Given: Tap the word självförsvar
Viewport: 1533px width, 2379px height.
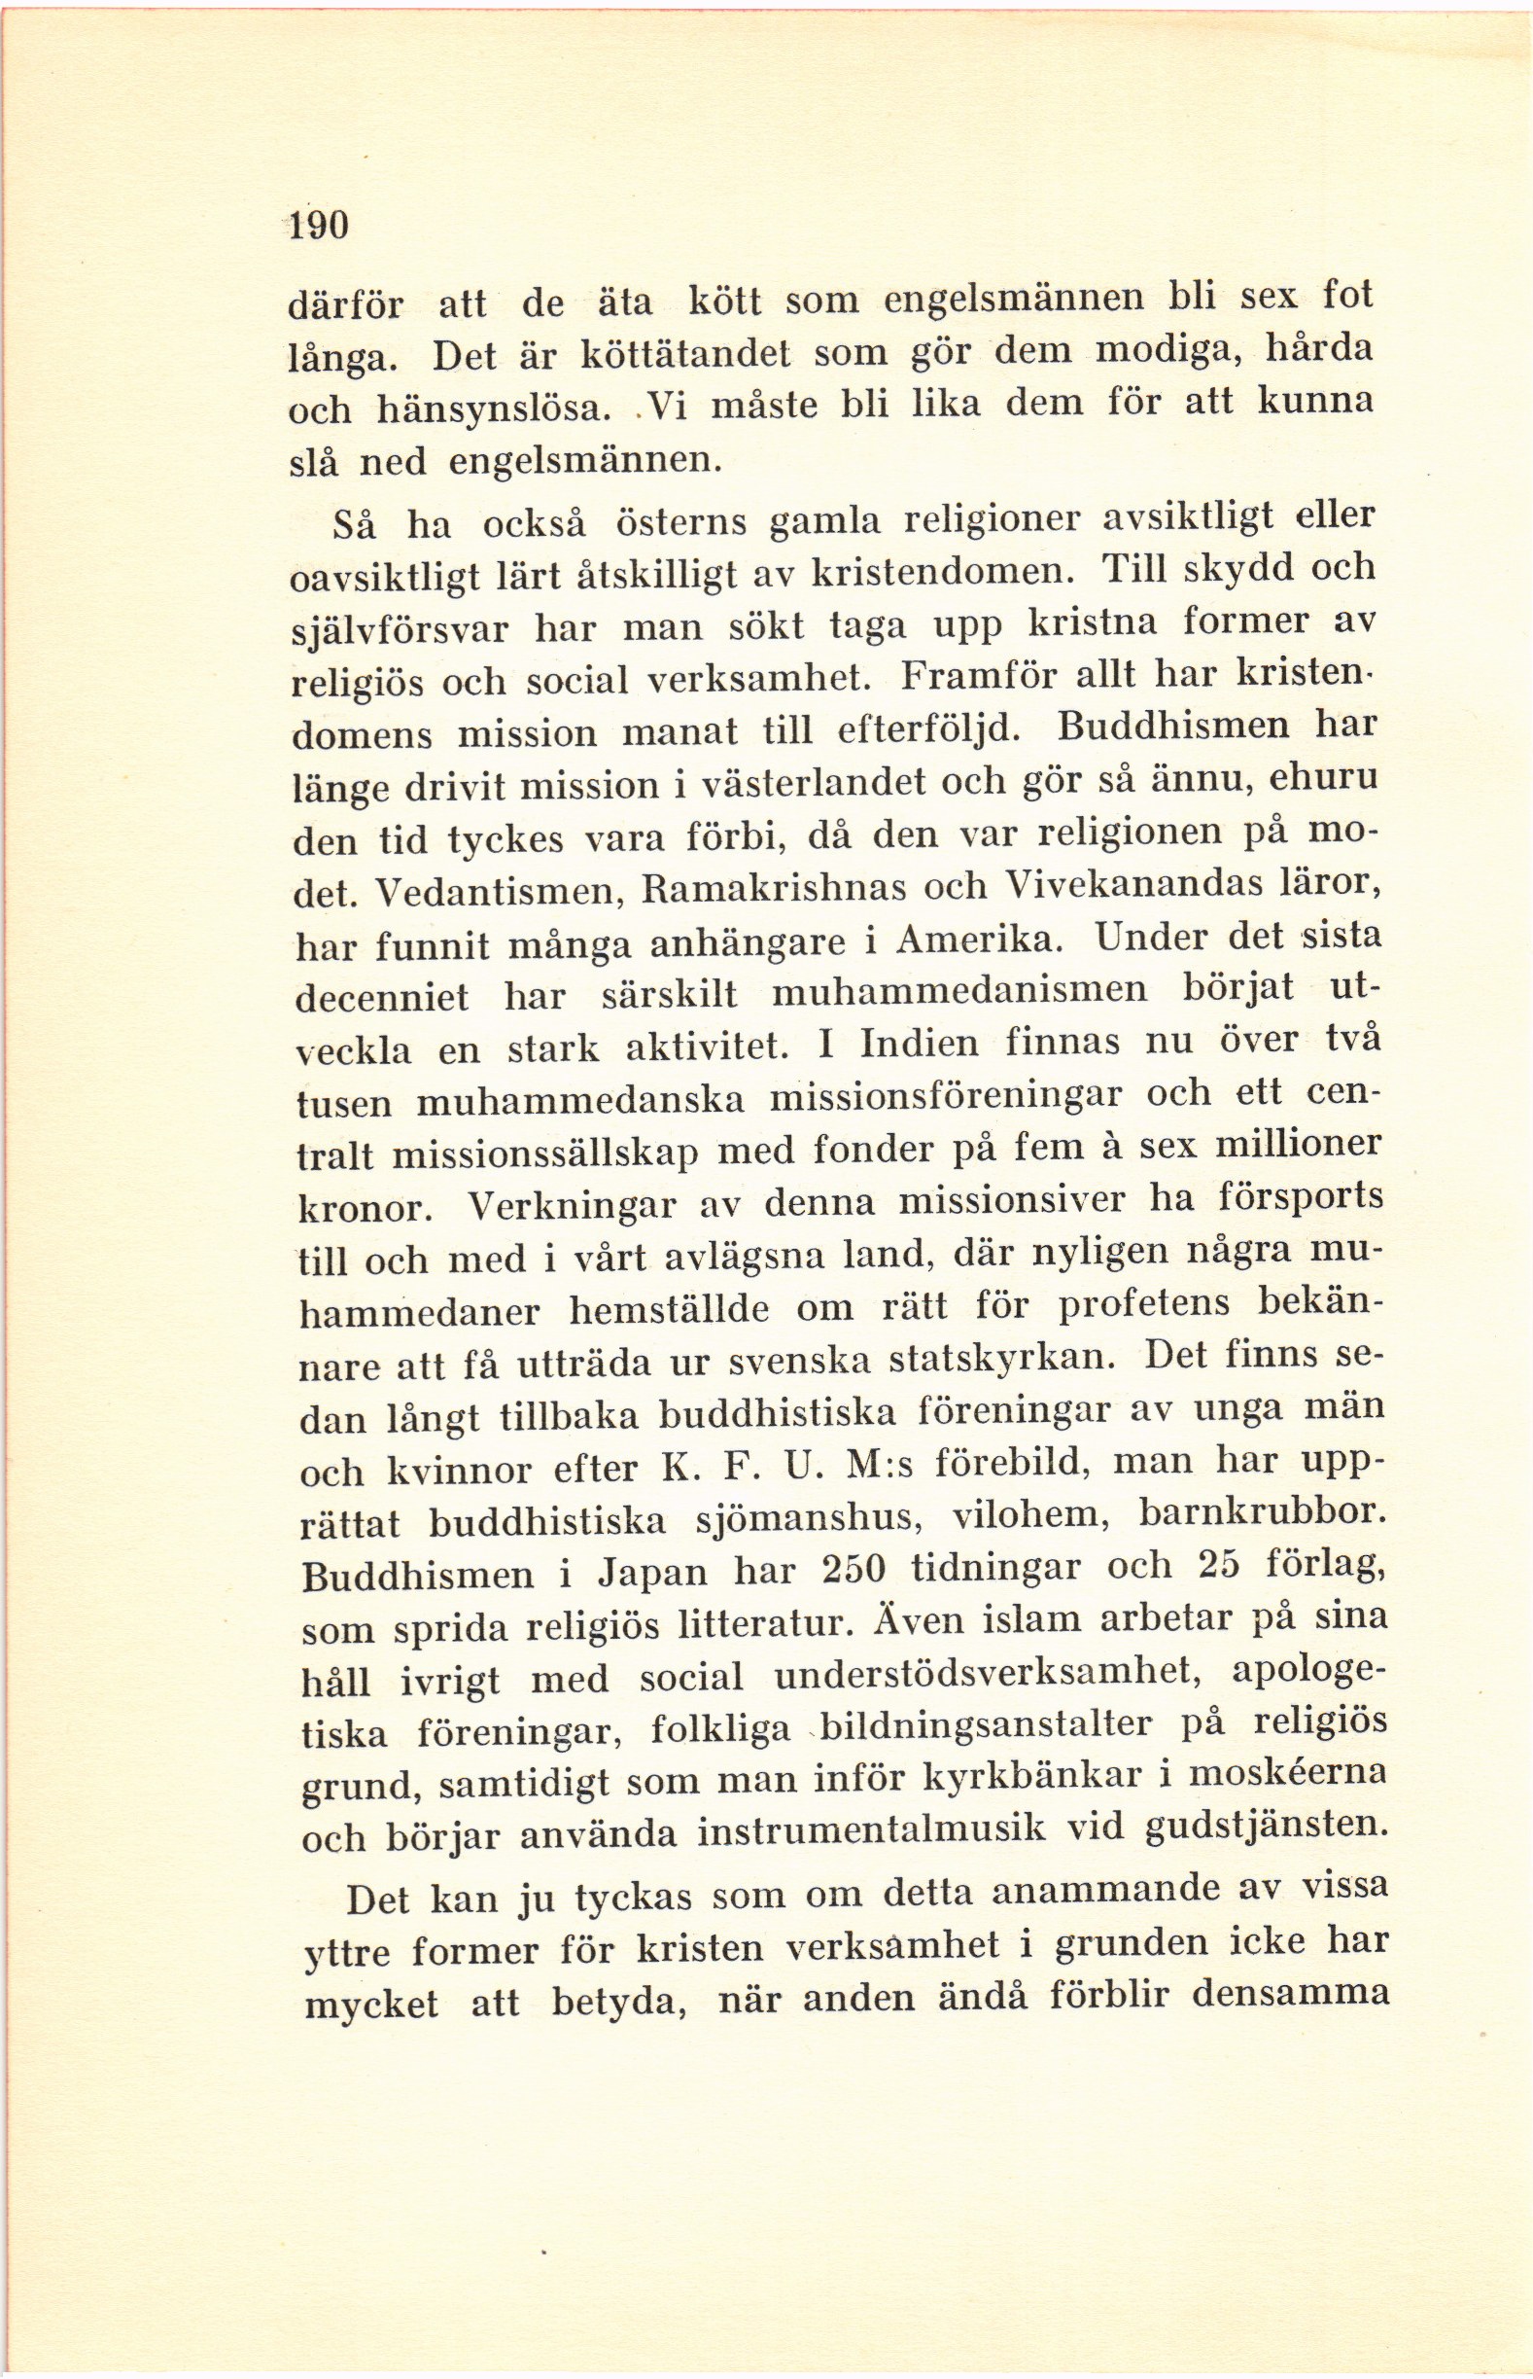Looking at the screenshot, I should pos(400,630).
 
